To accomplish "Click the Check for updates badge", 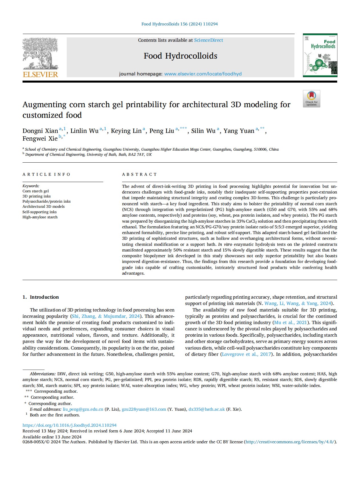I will point(312,99).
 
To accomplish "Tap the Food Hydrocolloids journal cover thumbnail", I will point(320,55).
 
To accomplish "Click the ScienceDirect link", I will point(209,40).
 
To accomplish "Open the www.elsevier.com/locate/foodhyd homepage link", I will point(203,74).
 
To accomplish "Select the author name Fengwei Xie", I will point(40,139).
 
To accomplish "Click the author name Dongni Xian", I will point(40,131).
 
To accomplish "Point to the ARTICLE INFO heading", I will point(46,174).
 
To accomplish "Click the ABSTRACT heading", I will point(139,174).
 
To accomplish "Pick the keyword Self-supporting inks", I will point(39,212).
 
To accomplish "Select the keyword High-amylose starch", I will point(40,217).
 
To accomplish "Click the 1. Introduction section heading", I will point(41,297).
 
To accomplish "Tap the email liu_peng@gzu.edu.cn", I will point(83,409).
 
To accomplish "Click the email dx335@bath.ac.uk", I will point(207,409).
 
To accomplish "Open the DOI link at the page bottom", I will point(70,425).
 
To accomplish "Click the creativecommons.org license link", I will point(290,442).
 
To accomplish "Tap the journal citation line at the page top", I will point(179,24).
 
